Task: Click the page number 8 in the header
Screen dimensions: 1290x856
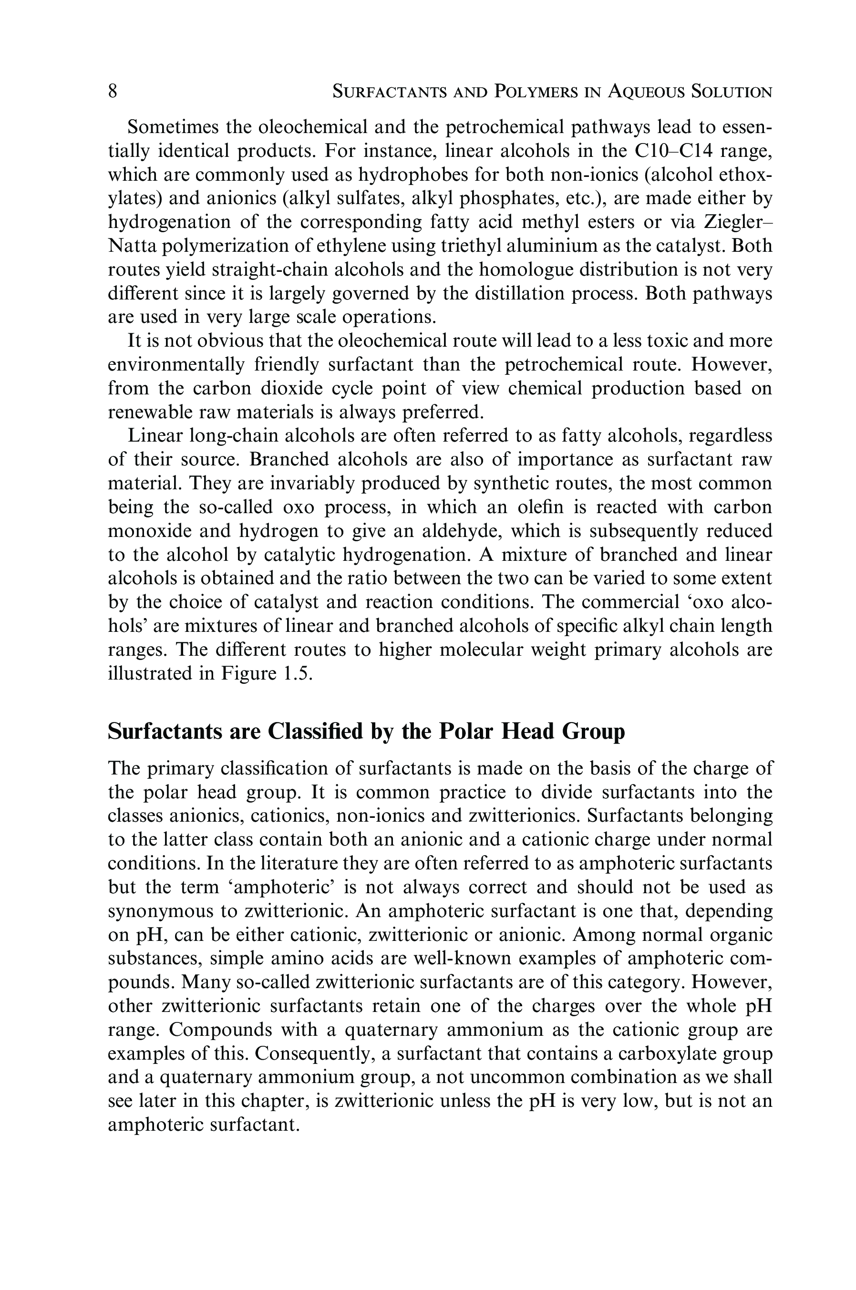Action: [113, 91]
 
